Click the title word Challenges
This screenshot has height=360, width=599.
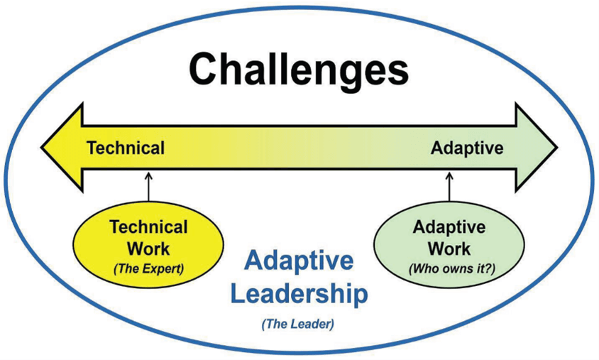299,71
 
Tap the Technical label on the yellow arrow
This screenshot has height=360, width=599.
126,148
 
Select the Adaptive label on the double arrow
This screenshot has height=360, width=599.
467,148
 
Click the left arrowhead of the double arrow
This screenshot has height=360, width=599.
62,147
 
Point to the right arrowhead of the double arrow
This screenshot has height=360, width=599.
537,147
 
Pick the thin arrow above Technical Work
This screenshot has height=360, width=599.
148,187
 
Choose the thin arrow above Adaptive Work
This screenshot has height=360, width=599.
449,187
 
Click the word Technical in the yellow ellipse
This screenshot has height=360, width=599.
148,227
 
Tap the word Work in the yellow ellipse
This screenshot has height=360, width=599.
148,249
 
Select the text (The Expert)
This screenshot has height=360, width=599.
148,269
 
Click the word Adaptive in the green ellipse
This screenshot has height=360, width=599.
449,228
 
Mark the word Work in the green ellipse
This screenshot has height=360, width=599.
449,249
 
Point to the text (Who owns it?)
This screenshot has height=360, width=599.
452,269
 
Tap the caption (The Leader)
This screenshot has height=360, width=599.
298,324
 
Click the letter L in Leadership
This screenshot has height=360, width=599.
239,293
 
